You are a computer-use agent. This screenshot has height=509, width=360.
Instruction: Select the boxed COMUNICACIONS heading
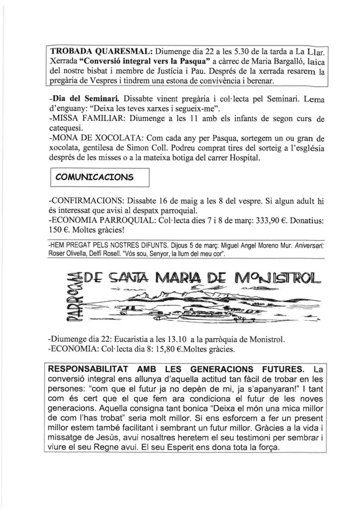pyautogui.click(x=98, y=176)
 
